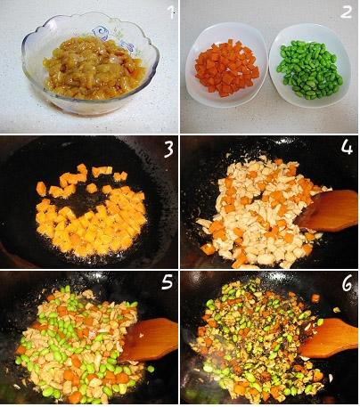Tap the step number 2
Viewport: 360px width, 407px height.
[346, 12]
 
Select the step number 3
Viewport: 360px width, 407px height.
[168, 151]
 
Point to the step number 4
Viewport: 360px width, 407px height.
[347, 147]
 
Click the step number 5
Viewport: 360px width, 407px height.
[167, 281]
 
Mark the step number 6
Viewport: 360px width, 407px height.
[347, 282]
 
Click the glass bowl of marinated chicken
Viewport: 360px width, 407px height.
[90, 63]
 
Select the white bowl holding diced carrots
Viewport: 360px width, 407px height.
[226, 65]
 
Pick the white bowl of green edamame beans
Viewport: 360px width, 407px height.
[309, 65]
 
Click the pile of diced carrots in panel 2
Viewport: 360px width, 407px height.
[227, 68]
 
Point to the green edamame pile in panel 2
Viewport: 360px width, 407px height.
[309, 70]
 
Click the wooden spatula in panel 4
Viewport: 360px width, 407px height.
[328, 210]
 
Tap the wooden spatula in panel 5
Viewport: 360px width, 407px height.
[150, 338]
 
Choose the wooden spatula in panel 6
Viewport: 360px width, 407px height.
[329, 338]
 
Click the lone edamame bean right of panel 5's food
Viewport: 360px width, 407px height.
[151, 369]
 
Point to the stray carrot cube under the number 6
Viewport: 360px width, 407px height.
[315, 298]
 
